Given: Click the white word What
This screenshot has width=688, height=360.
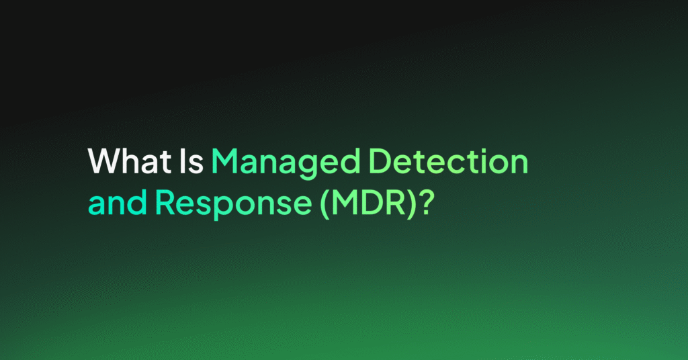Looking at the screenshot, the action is click(x=130, y=161).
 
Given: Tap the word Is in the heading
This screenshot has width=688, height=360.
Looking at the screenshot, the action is click(x=191, y=161).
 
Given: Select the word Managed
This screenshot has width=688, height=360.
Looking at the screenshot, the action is click(x=286, y=164).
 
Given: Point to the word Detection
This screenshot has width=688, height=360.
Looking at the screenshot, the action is click(x=448, y=161).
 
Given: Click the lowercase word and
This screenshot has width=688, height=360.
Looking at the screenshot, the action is click(x=118, y=202).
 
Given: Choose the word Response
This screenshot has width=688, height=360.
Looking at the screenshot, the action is click(x=233, y=205).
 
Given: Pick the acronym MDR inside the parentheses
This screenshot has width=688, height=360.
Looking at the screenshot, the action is click(x=368, y=203).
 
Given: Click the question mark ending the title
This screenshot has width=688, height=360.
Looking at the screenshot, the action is click(x=425, y=203).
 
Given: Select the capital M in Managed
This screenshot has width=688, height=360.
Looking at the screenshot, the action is click(x=226, y=161).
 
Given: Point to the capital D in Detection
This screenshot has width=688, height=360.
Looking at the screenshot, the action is click(x=381, y=161).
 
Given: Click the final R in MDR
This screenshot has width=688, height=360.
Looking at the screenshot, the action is click(x=397, y=203).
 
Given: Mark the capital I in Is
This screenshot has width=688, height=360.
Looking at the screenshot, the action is click(x=183, y=161).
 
